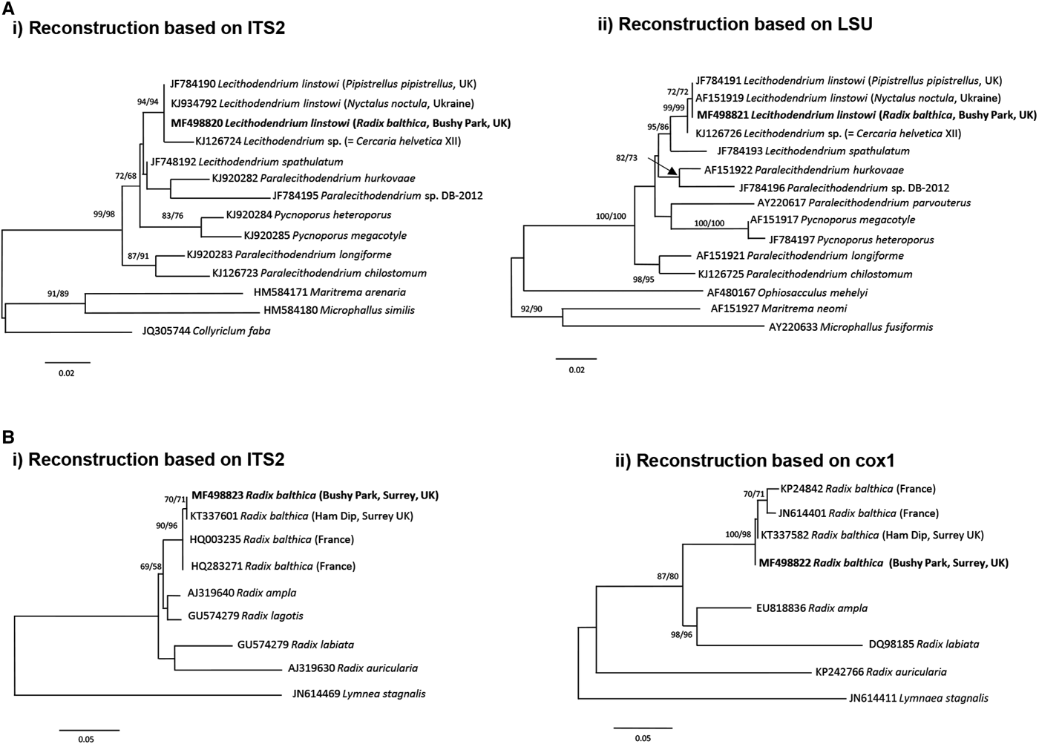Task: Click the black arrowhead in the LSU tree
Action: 672,171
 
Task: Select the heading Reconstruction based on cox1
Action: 755,461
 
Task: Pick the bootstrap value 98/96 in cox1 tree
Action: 678,635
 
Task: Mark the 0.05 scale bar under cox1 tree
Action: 643,728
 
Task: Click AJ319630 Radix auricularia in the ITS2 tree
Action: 353,668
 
